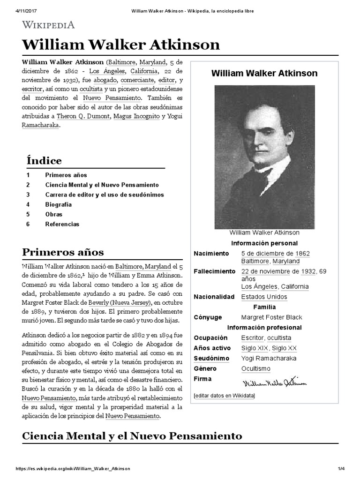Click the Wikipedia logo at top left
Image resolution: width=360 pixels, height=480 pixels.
48,25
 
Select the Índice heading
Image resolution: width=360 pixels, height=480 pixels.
44,161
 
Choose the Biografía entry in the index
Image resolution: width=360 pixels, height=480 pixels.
59,204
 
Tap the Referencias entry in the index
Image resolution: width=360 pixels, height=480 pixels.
62,224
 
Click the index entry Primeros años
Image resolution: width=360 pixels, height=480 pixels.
66,175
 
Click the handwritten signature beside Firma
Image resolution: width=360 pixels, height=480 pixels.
275,382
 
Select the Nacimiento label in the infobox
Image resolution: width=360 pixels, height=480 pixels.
211,254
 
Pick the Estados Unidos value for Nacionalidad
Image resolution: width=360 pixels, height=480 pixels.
264,297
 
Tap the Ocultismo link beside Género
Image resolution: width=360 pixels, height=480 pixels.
256,369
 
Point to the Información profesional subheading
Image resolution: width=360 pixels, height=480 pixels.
264,328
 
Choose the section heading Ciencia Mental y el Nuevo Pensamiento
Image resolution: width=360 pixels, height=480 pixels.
132,436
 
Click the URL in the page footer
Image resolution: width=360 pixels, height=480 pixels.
73,469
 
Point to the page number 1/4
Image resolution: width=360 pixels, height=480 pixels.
341,469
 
